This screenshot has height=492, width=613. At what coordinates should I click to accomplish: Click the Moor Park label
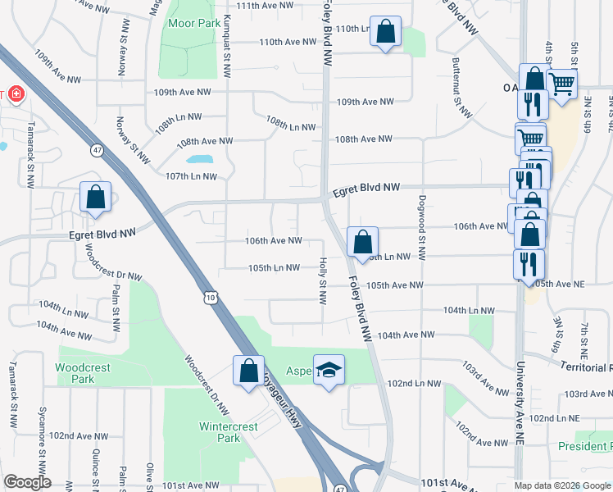tap(193, 23)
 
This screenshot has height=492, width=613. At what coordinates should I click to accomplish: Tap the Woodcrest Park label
tap(84, 374)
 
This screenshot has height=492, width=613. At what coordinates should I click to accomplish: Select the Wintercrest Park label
tap(229, 432)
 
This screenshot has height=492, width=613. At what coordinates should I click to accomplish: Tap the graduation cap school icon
tap(329, 370)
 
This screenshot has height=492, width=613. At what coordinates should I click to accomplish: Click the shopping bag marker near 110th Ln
tap(386, 32)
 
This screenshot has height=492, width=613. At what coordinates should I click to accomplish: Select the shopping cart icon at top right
tap(561, 83)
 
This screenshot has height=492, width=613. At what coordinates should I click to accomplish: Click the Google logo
tap(27, 482)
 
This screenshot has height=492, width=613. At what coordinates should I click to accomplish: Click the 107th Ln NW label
tap(191, 176)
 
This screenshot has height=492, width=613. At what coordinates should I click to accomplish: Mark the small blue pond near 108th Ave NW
tap(199, 159)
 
